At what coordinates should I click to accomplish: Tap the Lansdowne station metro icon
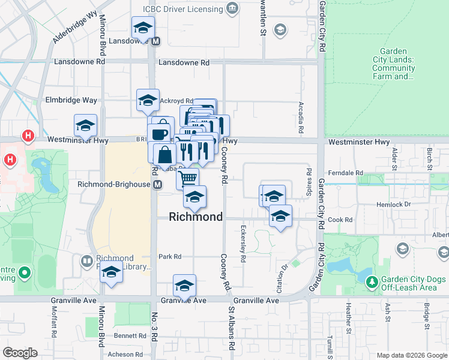click(x=156, y=41)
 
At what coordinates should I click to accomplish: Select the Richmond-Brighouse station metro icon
click(x=157, y=185)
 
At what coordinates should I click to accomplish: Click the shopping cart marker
click(x=188, y=177)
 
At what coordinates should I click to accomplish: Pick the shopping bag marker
click(x=164, y=154)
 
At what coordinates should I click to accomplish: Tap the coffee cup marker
click(x=159, y=133)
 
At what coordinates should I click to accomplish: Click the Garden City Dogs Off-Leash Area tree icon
click(x=372, y=281)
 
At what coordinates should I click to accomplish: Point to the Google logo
click(x=20, y=353)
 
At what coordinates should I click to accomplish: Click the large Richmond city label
click(x=196, y=217)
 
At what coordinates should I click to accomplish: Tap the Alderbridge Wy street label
click(x=74, y=30)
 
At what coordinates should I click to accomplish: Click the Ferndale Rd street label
click(x=350, y=173)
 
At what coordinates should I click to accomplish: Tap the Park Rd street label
click(x=170, y=257)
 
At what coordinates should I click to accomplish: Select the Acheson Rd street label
click(x=125, y=354)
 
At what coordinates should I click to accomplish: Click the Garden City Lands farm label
click(x=393, y=64)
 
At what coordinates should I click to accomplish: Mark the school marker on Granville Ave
click(x=184, y=284)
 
